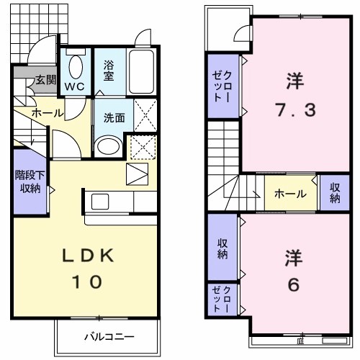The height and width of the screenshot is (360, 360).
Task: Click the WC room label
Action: (75, 86)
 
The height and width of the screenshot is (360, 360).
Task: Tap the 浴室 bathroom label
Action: (108, 69)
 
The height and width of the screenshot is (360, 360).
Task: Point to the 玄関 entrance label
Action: (45, 79)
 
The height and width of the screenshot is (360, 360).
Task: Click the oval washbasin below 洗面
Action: (108, 146)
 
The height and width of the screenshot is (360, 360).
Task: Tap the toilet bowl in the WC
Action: (75, 67)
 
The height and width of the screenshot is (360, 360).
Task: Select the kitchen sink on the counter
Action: (99, 200)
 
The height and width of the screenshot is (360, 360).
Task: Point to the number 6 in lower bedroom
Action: (292, 285)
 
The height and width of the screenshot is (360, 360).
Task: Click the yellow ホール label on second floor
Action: (291, 194)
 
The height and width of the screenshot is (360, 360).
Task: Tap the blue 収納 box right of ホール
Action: (335, 192)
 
